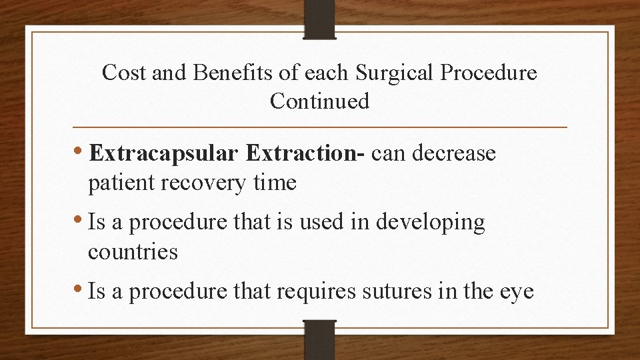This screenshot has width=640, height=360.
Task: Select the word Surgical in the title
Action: pos(386,73)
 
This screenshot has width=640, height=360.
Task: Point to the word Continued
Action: pos(319,101)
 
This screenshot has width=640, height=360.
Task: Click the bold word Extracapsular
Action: pos(163,155)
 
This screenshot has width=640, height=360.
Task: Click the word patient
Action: pos(122,183)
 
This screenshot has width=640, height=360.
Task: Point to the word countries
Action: pos(133,252)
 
